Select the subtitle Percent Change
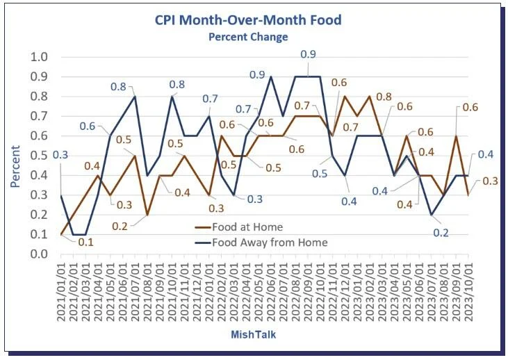coord(248,36)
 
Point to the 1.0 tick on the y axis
coord(40,57)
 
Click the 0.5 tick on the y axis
coord(40,156)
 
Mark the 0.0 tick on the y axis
coord(40,254)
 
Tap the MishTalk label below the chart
coord(256,335)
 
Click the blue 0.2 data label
coord(441,233)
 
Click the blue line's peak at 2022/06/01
coord(270,76)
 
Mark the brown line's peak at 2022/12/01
coord(345,96)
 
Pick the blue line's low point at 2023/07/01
coord(431,215)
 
